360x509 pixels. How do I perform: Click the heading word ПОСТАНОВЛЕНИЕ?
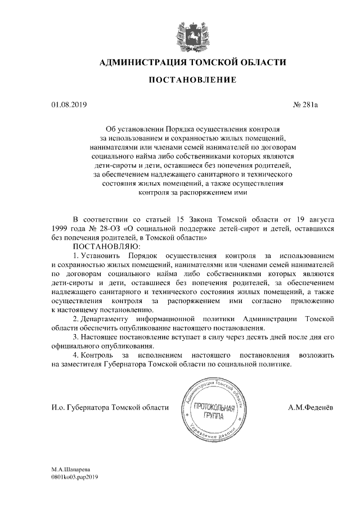(x=192, y=80)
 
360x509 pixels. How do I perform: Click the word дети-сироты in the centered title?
(x=110, y=165)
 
